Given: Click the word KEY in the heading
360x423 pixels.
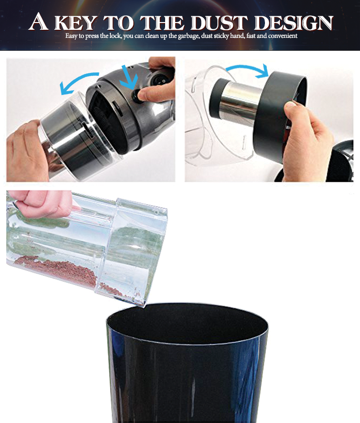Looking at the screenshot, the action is pyautogui.click(x=75, y=23).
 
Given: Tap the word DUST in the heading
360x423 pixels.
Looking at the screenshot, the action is pyautogui.click(x=219, y=23).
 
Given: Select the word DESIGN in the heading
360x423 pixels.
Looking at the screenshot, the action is pyautogui.click(x=294, y=23).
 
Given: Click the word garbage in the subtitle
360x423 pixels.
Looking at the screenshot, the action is pyautogui.click(x=189, y=36).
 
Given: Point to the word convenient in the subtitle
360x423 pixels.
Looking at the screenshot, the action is pyautogui.click(x=283, y=36).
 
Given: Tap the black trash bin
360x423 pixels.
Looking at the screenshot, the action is pyautogui.click(x=187, y=363).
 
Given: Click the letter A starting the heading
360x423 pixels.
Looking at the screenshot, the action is pyautogui.click(x=38, y=22).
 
